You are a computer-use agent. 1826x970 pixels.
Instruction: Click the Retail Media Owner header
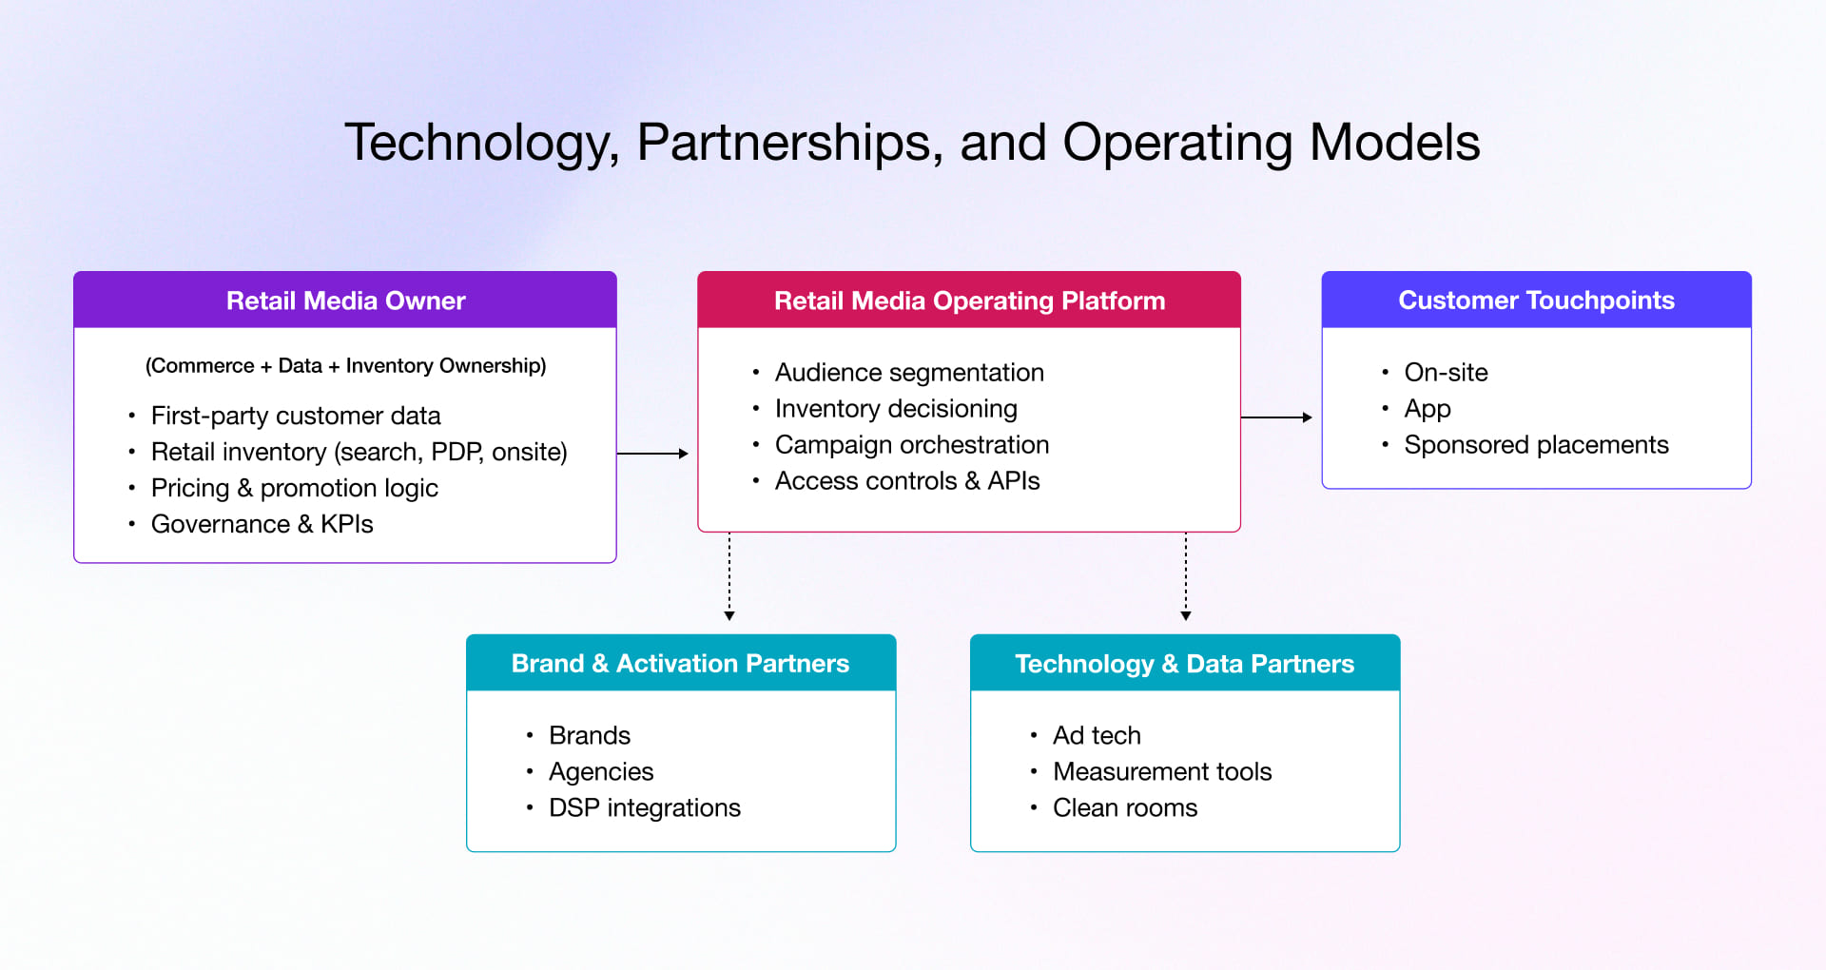tap(345, 301)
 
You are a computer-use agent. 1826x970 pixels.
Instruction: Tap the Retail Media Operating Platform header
tap(968, 301)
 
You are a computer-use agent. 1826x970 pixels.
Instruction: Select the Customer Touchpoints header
tap(1536, 301)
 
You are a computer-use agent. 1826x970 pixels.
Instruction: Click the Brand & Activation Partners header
tap(680, 663)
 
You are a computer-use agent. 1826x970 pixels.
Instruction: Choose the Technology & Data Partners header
tap(1184, 663)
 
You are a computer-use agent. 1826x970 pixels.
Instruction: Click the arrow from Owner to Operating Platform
tap(652, 454)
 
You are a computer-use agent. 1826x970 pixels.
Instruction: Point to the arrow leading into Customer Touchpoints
tap(1276, 417)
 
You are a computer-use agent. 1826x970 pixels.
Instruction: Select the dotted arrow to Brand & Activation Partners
tap(729, 576)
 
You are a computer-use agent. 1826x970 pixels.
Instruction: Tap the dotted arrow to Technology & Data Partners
tap(1186, 576)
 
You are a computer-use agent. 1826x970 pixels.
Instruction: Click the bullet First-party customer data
tap(296, 416)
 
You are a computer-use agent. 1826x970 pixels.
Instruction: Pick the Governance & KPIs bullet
tap(262, 524)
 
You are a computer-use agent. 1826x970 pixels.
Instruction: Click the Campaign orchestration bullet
tap(911, 444)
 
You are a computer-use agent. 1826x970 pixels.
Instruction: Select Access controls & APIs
tap(906, 480)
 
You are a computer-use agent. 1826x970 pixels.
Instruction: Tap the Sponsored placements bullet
tap(1535, 444)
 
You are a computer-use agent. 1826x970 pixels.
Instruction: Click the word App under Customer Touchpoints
tap(1427, 409)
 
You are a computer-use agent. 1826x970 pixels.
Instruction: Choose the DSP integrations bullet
tap(644, 807)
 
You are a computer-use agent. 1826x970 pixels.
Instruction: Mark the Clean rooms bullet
tap(1124, 807)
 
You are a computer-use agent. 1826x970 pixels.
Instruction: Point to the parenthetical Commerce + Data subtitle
tap(345, 365)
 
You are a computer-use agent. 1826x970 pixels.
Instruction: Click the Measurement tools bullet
tap(1161, 771)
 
